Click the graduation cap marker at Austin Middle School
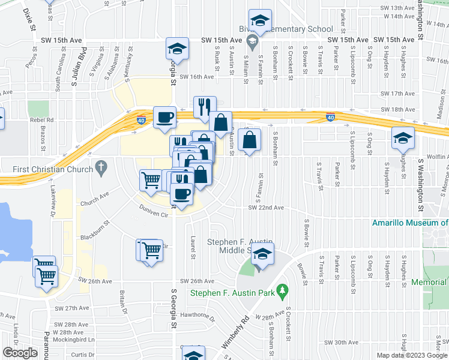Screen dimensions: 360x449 [x=262, y=255]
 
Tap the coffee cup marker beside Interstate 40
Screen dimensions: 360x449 [x=164, y=117]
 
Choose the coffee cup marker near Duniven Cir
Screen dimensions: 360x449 [x=181, y=193]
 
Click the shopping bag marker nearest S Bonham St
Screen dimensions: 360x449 [x=249, y=140]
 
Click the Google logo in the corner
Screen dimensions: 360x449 [x=20, y=353]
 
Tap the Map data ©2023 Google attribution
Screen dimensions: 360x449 [x=411, y=355]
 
